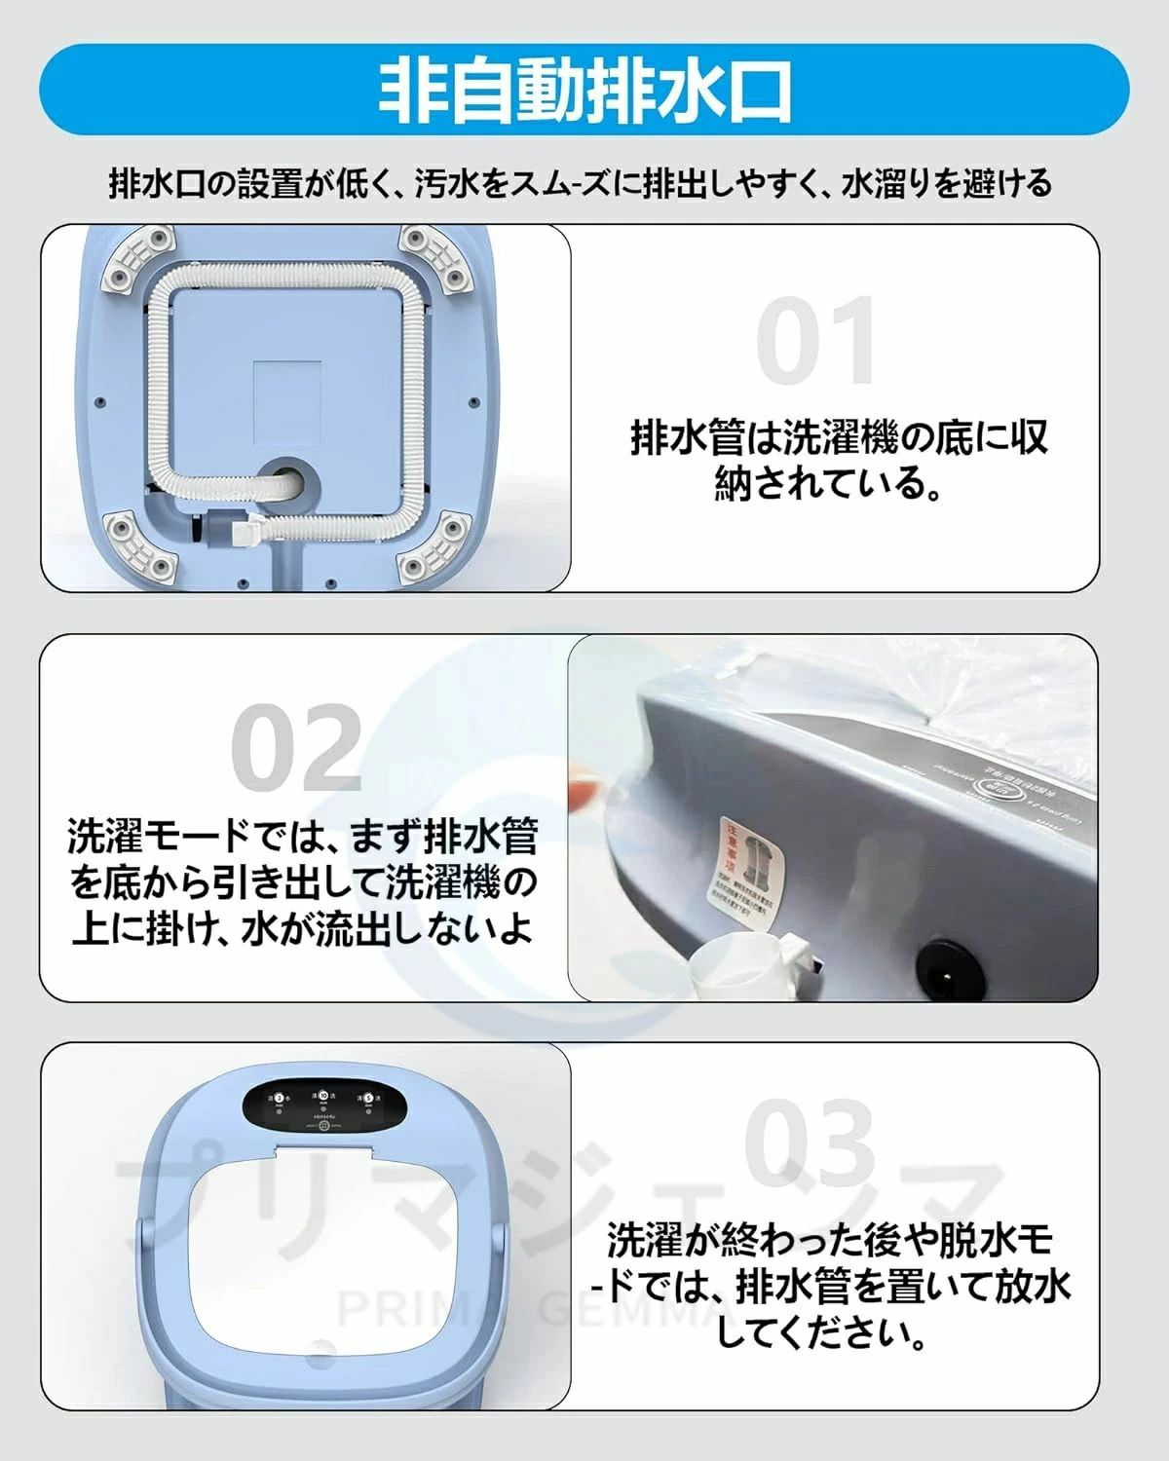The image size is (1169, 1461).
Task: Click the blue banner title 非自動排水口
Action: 584,91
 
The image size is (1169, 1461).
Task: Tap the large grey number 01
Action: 816,341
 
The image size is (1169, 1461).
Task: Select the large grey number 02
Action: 297,747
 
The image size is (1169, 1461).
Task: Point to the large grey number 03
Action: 811,1143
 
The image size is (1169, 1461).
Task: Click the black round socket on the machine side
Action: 942,962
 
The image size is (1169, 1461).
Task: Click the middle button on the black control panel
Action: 322,1097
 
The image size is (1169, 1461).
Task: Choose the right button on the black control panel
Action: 368,1099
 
